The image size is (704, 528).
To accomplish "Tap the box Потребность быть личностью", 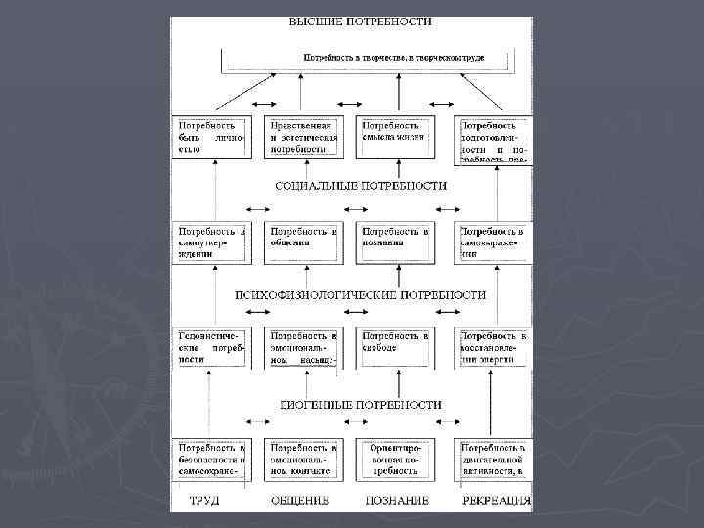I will (210, 139).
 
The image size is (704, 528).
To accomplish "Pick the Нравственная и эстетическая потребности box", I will (304, 139).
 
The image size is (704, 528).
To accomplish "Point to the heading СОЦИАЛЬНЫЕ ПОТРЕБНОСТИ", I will (362, 185).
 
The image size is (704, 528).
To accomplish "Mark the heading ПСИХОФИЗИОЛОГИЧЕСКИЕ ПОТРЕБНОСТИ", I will (362, 294).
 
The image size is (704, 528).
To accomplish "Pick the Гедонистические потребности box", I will (210, 347).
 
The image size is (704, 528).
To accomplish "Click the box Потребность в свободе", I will (394, 347).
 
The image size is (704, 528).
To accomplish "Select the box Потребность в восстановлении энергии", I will (494, 347).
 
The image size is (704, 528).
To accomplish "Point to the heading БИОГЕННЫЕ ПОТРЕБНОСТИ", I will (362, 404).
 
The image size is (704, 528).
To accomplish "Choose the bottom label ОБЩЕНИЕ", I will (299, 501).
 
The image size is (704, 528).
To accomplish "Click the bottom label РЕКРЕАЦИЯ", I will (497, 501).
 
